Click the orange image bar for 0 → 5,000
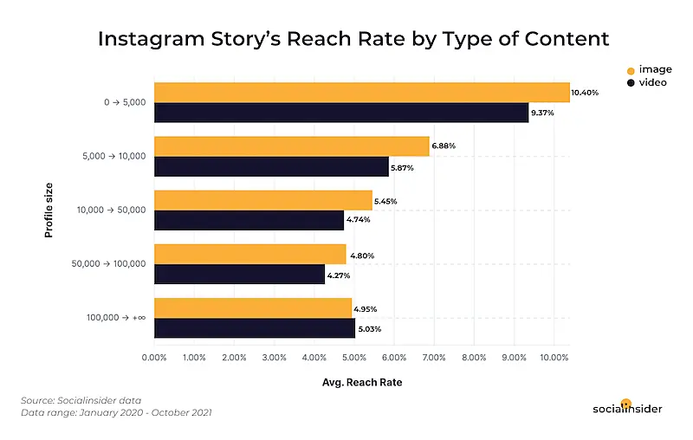[361, 92]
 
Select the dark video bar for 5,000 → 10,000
[271, 167]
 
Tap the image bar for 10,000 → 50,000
[262, 200]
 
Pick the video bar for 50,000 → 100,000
[239, 275]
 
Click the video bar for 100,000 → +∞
[255, 328]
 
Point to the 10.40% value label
[585, 92]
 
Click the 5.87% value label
[403, 167]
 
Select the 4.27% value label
[339, 275]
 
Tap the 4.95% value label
[366, 308]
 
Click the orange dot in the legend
[630, 69]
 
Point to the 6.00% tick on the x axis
[394, 357]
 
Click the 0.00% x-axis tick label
[154, 357]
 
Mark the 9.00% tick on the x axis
[515, 357]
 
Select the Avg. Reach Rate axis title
[362, 381]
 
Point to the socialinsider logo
[629, 408]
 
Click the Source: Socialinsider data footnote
[81, 400]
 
